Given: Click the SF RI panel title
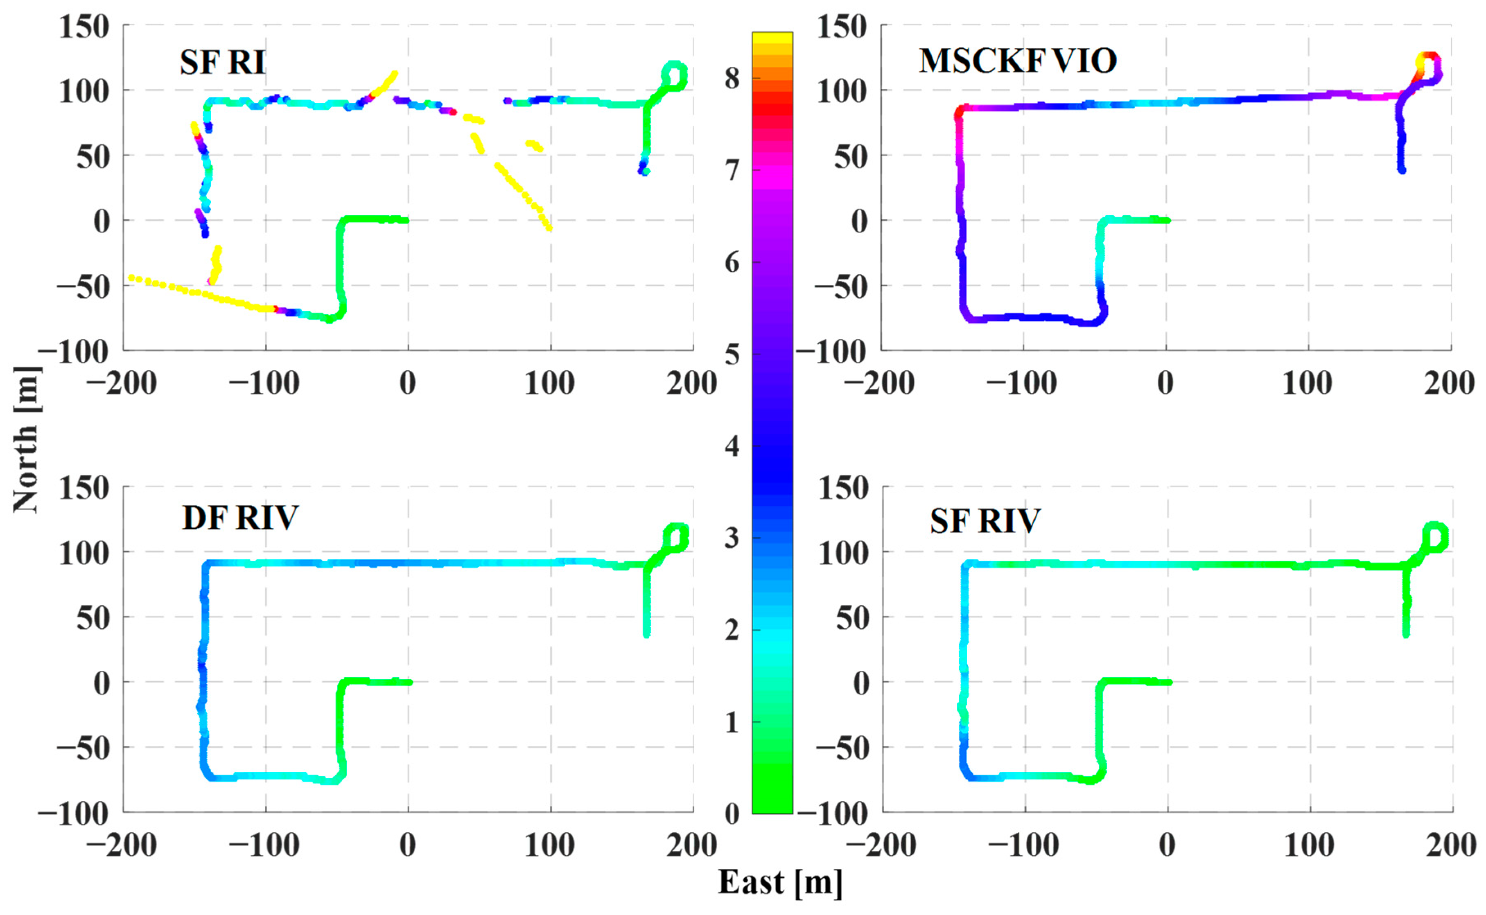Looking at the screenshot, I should click(x=222, y=62).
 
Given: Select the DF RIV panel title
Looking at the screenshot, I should click(x=240, y=518).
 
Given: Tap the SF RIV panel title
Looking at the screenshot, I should click(x=985, y=521).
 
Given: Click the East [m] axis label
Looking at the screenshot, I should click(x=779, y=882).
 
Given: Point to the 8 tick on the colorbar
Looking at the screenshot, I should click(x=732, y=78).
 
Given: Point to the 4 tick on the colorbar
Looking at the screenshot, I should click(x=732, y=446).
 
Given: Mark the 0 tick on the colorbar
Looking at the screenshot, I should click(x=732, y=814).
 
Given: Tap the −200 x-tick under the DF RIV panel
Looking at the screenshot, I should click(x=122, y=845).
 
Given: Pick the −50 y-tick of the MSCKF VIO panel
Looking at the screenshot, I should click(x=841, y=286).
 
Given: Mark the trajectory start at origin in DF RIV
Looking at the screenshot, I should click(x=409, y=682).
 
